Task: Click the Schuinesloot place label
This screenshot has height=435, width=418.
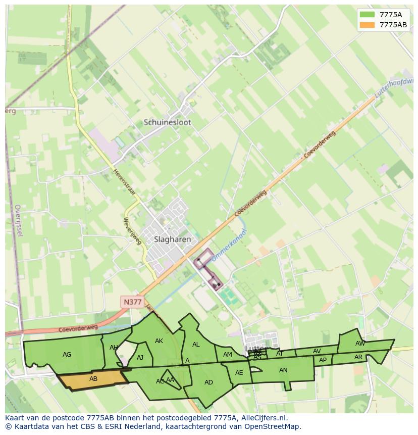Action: [x=167, y=122]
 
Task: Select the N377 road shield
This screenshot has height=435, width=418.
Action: [x=133, y=302]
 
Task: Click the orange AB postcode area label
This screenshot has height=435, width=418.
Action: [x=93, y=379]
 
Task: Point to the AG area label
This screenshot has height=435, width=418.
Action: [x=67, y=355]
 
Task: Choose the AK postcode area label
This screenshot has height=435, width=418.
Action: [x=159, y=341]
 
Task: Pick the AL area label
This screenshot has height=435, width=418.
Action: [x=196, y=345]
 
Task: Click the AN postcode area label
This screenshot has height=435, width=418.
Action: [x=283, y=370]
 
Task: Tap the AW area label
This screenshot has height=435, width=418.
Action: [x=360, y=344]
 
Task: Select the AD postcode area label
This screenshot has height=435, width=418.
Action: [x=208, y=382]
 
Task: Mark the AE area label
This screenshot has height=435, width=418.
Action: [x=239, y=373]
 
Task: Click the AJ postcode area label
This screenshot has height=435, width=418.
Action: [x=140, y=358]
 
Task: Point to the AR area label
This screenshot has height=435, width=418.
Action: [x=358, y=357]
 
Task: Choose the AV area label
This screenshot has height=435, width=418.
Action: [x=317, y=351]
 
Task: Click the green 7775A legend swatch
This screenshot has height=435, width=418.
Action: [x=367, y=15]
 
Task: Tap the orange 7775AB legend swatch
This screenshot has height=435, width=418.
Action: [x=367, y=25]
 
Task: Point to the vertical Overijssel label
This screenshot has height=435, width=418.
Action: [x=19, y=220]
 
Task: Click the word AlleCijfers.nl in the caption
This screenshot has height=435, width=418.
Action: [x=262, y=418]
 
